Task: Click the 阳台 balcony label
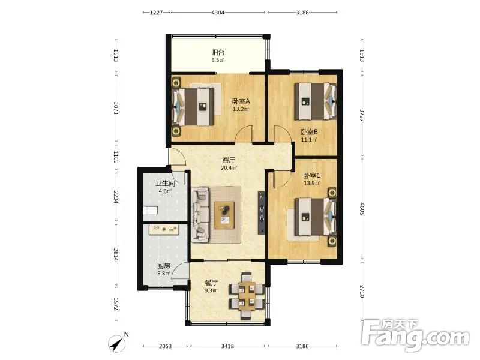[x=218, y=52]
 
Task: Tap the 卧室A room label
[x=241, y=101]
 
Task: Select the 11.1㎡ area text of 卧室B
[x=309, y=140]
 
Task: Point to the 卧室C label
[x=311, y=176]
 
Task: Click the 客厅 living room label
[x=229, y=160]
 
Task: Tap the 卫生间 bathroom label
[x=166, y=184]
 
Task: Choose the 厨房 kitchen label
[x=164, y=266]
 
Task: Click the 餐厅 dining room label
[x=211, y=283]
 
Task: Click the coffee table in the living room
[x=224, y=215]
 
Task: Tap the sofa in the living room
[x=200, y=215]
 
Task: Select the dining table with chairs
[x=247, y=296]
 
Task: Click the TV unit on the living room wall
[x=261, y=213]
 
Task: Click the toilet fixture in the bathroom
[x=151, y=211]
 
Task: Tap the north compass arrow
[x=117, y=343]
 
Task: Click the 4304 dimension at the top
[x=218, y=13]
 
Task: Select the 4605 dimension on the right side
[x=362, y=208]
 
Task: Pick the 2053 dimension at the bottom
[x=166, y=346]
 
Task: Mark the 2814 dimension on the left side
[x=116, y=254]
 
